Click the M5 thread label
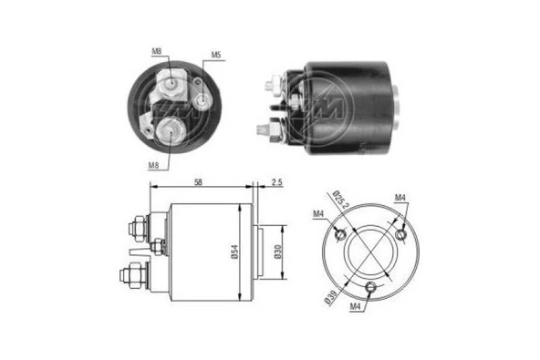pyautogui.click(x=217, y=56)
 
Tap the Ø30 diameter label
pyautogui.click(x=278, y=254)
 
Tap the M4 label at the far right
pyautogui.click(x=400, y=197)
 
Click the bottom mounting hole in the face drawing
pyautogui.click(x=370, y=288)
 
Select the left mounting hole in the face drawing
pyautogui.click(x=338, y=235)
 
